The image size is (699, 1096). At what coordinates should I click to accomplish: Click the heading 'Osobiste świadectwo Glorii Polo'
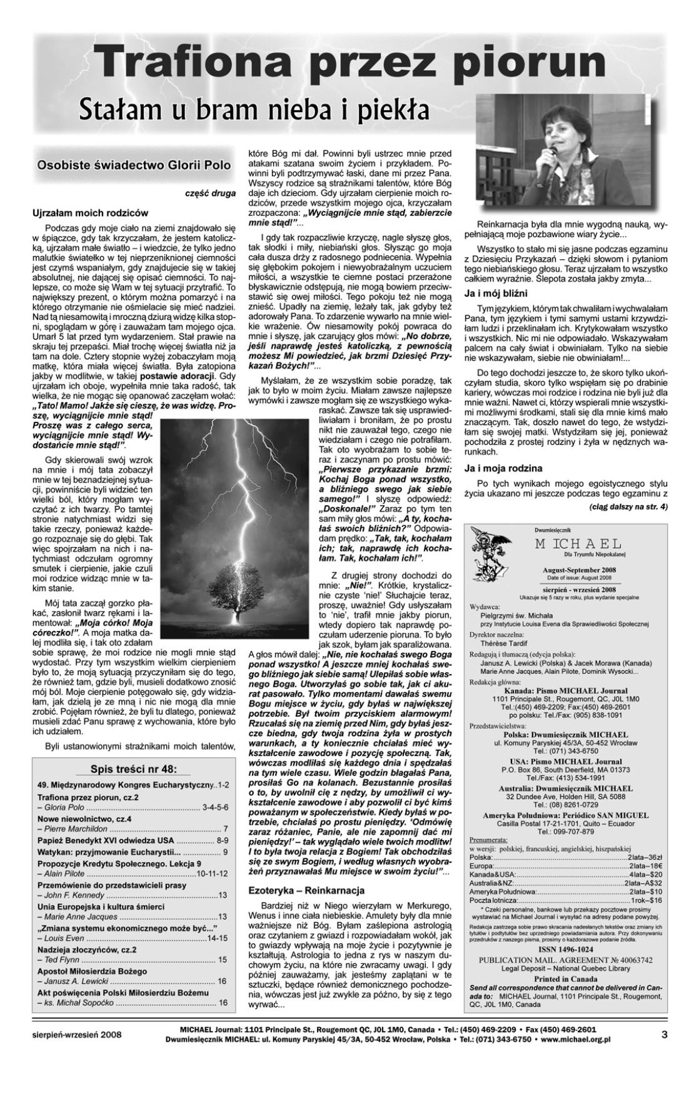[x=133, y=166]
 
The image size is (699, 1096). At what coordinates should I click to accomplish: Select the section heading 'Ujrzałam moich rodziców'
[x=90, y=213]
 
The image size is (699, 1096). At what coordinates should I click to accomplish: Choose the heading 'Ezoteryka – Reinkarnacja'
[x=306, y=890]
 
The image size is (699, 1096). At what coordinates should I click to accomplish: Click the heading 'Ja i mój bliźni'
[x=496, y=293]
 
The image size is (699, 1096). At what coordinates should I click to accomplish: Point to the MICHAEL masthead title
[x=577, y=543]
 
